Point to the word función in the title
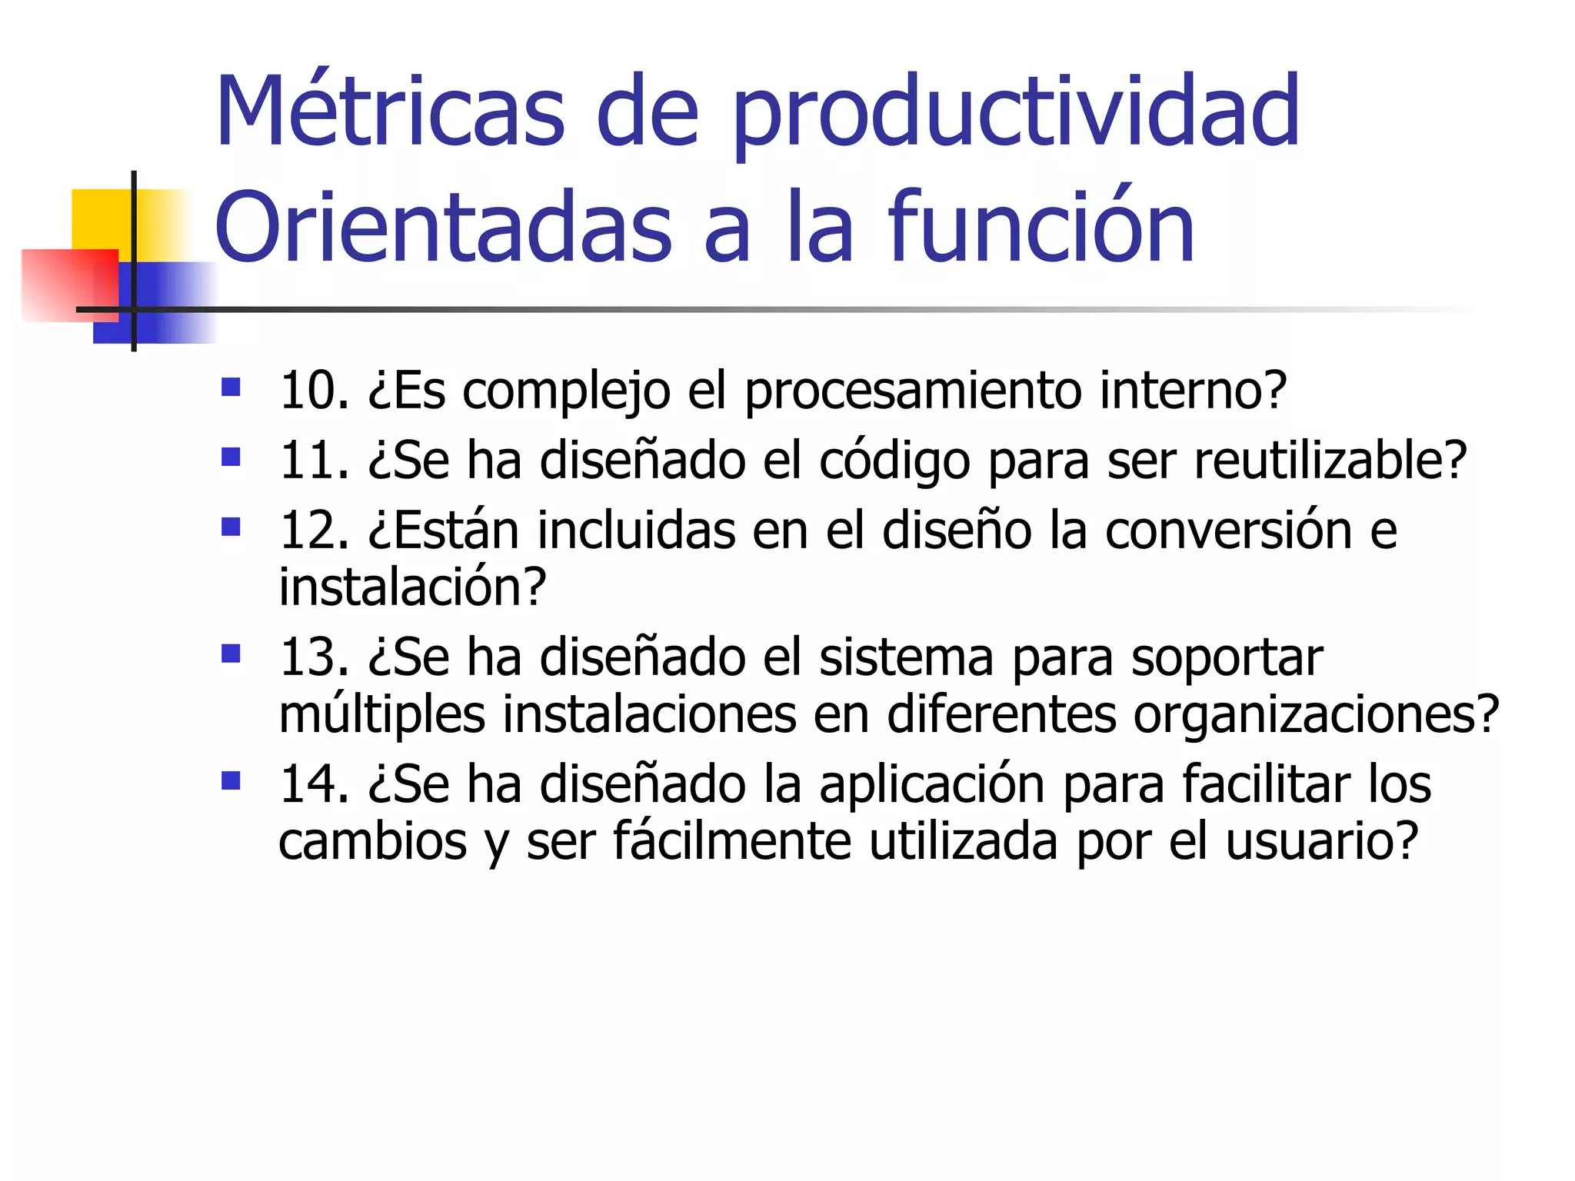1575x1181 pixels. tap(1041, 227)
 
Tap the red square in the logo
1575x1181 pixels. tap(69, 284)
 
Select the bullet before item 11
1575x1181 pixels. tap(231, 457)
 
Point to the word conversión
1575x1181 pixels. tap(1228, 531)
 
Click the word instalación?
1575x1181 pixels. tap(412, 587)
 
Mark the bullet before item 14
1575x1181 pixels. tap(231, 781)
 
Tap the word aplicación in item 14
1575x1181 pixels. tap(931, 786)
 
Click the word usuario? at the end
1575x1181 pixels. tap(1321, 842)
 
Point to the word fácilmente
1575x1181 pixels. tap(731, 842)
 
